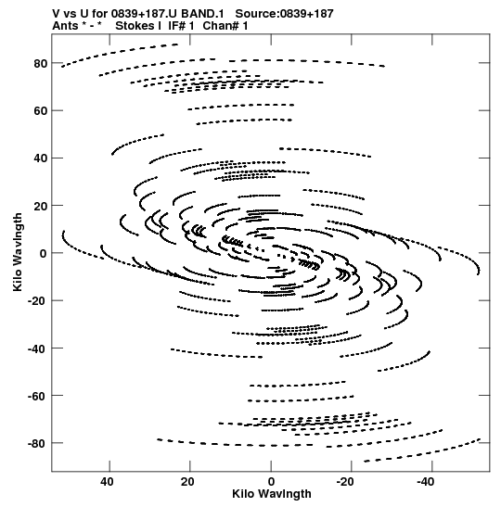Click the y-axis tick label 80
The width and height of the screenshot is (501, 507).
pos(41,64)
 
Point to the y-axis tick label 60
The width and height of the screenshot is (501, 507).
pos(41,111)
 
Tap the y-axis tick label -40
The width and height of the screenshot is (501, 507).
pos(38,349)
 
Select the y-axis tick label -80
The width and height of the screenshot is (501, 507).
pos(38,443)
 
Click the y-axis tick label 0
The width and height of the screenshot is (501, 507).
pos(44,254)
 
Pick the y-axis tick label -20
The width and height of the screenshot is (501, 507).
pos(38,301)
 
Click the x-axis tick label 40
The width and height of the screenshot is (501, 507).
pos(107,482)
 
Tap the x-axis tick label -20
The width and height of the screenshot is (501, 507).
pos(345,482)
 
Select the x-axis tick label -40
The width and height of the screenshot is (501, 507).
pos(426,482)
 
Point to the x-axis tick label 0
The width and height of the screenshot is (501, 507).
pos(271,482)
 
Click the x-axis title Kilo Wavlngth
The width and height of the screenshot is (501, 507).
pos(272,494)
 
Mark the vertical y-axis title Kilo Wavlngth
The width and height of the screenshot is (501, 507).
pos(18,252)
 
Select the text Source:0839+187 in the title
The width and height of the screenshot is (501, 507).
pos(284,14)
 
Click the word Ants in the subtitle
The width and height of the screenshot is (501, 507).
pos(65,26)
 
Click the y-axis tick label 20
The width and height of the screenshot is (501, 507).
pos(41,206)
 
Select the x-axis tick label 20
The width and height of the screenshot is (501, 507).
pos(187,482)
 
